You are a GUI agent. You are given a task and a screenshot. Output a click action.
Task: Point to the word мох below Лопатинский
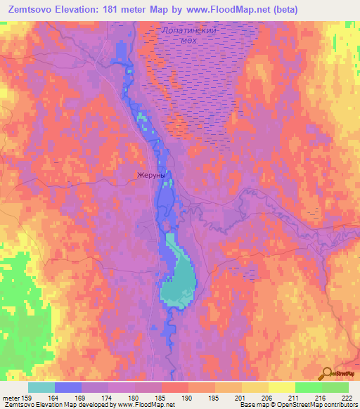[x=188, y=41]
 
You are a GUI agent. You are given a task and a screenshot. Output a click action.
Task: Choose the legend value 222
[x=347, y=397]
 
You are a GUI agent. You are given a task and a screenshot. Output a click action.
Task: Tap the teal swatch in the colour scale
[x=41, y=387]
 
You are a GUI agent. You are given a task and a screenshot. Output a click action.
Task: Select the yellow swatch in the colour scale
[x=281, y=387]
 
